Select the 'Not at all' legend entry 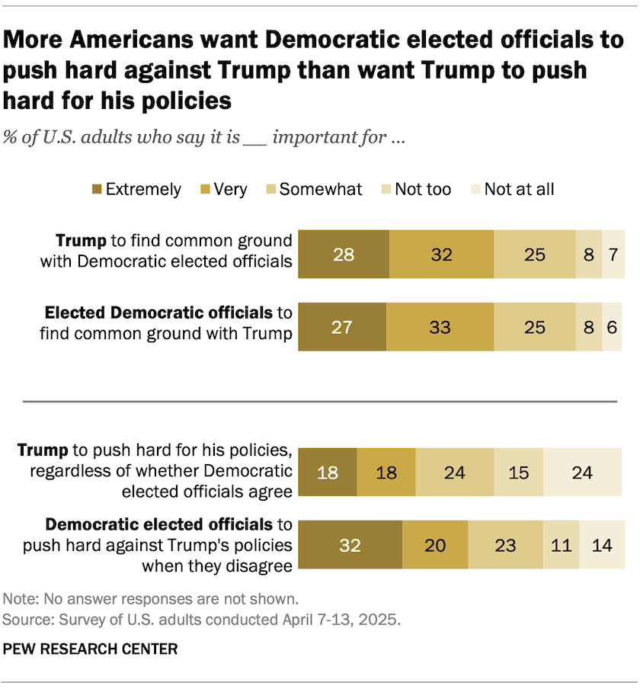point(519,190)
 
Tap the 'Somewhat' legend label point(321,190)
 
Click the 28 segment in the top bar point(344,254)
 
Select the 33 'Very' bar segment point(440,327)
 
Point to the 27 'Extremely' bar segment point(342,327)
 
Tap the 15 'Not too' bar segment point(518,473)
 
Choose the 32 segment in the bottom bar point(350,546)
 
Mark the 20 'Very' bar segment point(435,546)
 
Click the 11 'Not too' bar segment point(561,546)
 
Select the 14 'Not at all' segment point(602,546)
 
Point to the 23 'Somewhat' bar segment point(505,546)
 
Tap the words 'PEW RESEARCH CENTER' point(91,649)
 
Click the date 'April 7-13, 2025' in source point(344,619)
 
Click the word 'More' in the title point(37,40)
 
